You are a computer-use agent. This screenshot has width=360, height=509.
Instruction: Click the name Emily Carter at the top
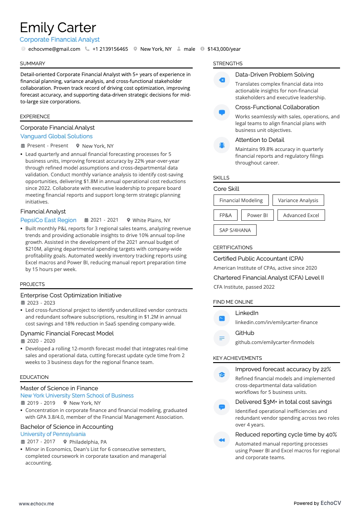coord(58,28)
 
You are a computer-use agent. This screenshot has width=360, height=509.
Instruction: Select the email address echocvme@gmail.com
coord(54,49)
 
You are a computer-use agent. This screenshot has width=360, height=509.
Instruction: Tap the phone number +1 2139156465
coord(110,49)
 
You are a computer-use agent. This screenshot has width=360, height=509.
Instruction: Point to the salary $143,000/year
coord(224,49)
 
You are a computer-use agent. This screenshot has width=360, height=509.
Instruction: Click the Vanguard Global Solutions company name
coord(56,136)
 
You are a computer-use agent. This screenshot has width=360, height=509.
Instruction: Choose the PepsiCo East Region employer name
coord(49,220)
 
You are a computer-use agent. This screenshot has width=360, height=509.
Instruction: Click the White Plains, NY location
coord(151,220)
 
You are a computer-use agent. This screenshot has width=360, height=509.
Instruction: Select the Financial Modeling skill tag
coord(241,200)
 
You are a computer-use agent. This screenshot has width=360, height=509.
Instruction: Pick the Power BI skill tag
coord(257,215)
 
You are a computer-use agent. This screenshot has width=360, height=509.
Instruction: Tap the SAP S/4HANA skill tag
coord(235,230)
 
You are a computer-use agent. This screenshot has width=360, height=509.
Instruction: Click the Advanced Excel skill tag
coord(301,215)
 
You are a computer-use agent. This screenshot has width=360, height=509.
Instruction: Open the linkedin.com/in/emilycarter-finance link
coord(276,322)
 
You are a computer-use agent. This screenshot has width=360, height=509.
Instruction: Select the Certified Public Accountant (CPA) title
coord(258,258)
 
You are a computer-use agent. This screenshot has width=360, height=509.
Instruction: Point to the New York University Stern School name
coord(77,396)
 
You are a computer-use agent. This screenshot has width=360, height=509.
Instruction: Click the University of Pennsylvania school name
coord(53,434)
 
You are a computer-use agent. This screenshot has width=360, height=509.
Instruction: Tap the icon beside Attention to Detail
coord(222,145)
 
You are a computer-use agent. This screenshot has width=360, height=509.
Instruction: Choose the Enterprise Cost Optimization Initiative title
coord(71,295)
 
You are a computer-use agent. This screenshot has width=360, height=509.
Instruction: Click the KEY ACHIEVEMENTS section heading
coord(237,358)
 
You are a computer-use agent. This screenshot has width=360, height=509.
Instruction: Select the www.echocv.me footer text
coord(36,504)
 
